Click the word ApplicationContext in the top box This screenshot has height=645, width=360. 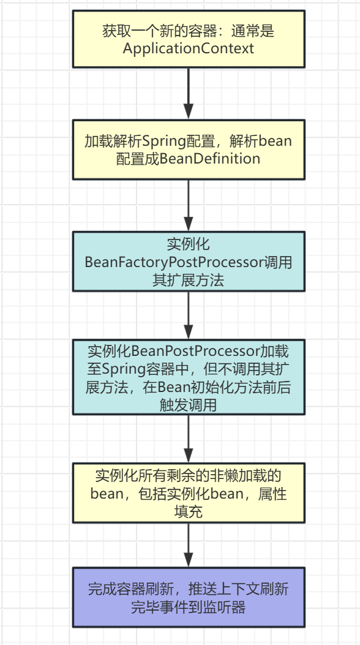(x=189, y=49)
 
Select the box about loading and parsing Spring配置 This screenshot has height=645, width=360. (x=189, y=149)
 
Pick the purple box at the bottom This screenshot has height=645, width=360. (x=189, y=598)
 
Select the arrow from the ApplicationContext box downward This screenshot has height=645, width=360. (x=189, y=92)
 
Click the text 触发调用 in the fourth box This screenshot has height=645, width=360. (x=189, y=405)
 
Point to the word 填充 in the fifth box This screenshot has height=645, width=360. (x=189, y=511)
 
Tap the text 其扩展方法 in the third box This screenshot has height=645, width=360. (x=189, y=281)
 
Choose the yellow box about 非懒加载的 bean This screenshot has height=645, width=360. (x=189, y=493)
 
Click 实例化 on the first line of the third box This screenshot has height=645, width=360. (x=189, y=244)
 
